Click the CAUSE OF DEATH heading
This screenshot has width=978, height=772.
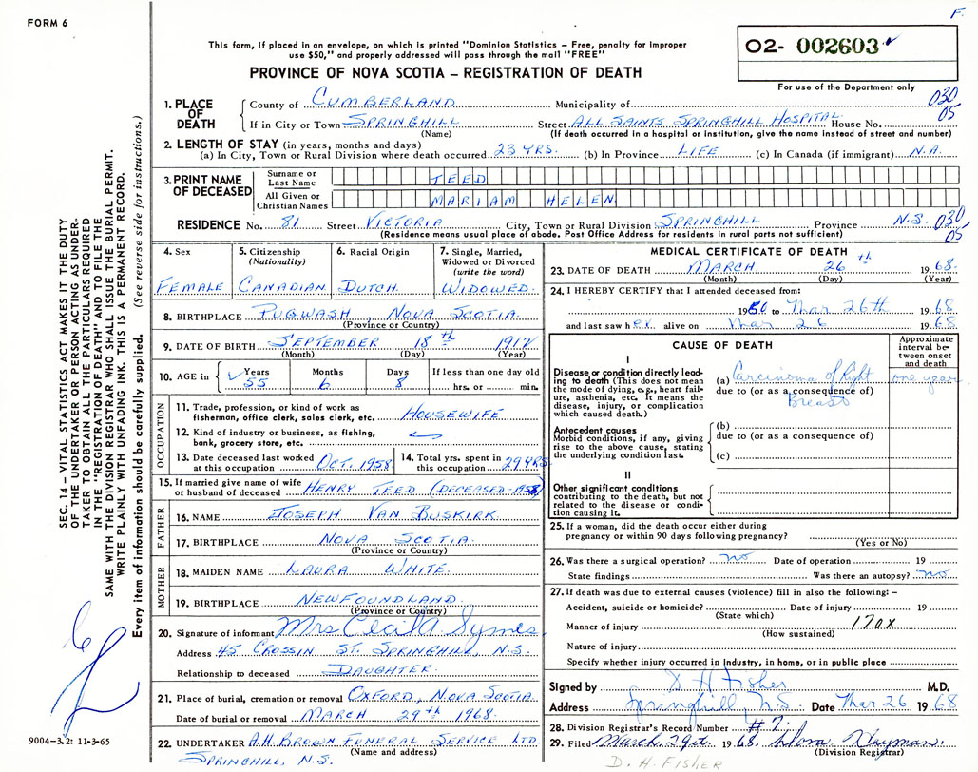click(718, 345)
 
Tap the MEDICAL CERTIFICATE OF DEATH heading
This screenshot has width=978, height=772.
click(748, 251)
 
